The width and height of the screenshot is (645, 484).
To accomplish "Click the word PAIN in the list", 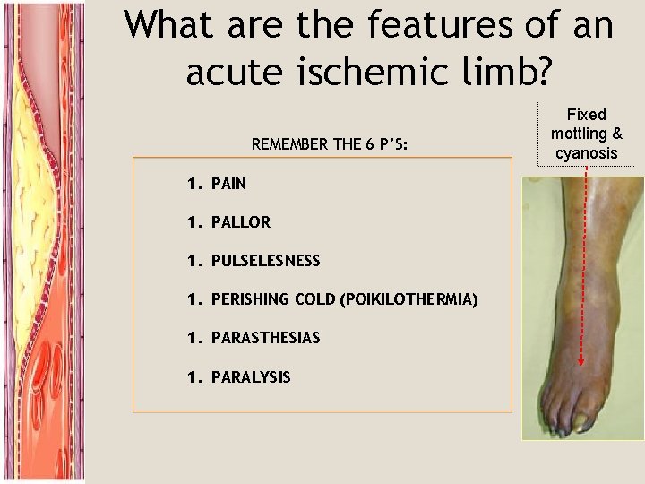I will (228, 184).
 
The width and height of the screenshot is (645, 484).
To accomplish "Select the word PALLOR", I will (240, 222).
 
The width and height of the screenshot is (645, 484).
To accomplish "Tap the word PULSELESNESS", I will (265, 261).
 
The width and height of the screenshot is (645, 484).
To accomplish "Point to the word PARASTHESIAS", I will (265, 338).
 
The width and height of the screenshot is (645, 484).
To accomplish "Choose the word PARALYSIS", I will (251, 377).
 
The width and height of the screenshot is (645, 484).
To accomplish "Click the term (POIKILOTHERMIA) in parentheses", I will (408, 299).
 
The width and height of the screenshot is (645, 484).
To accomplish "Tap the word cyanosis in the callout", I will (587, 153).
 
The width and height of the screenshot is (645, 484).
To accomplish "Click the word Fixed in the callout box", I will (587, 115).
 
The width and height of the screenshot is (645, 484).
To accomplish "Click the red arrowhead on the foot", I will (581, 363).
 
